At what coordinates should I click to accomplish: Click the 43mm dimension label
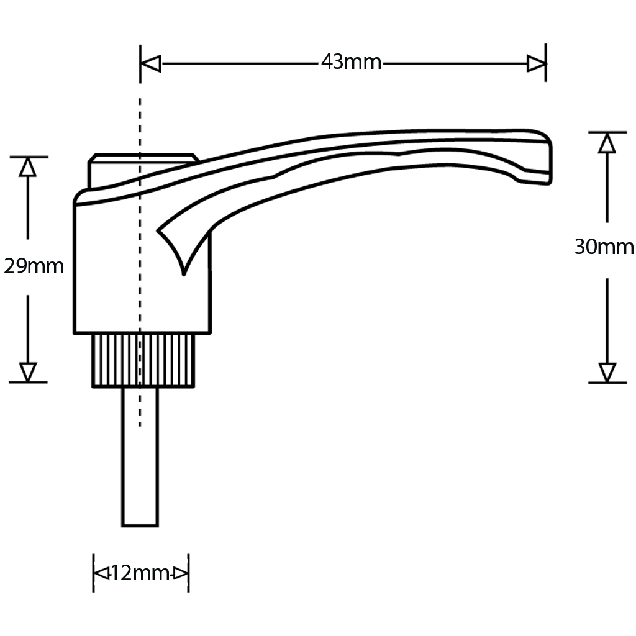[x=351, y=63]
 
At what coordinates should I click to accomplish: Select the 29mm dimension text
[x=34, y=266]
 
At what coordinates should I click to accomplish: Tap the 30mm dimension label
[x=604, y=247]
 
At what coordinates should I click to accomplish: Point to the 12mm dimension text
[x=140, y=573]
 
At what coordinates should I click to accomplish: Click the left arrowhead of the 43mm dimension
[x=151, y=63]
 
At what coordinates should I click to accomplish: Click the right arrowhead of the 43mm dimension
[x=536, y=63]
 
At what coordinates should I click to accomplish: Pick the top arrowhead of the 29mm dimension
[x=27, y=167]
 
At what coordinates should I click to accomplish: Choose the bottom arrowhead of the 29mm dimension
[x=27, y=371]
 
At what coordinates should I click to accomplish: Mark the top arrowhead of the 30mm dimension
[x=607, y=143]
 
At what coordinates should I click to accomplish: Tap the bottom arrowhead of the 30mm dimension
[x=607, y=372]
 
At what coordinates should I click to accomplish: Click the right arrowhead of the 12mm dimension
[x=180, y=573]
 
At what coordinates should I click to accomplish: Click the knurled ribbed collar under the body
[x=144, y=360]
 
